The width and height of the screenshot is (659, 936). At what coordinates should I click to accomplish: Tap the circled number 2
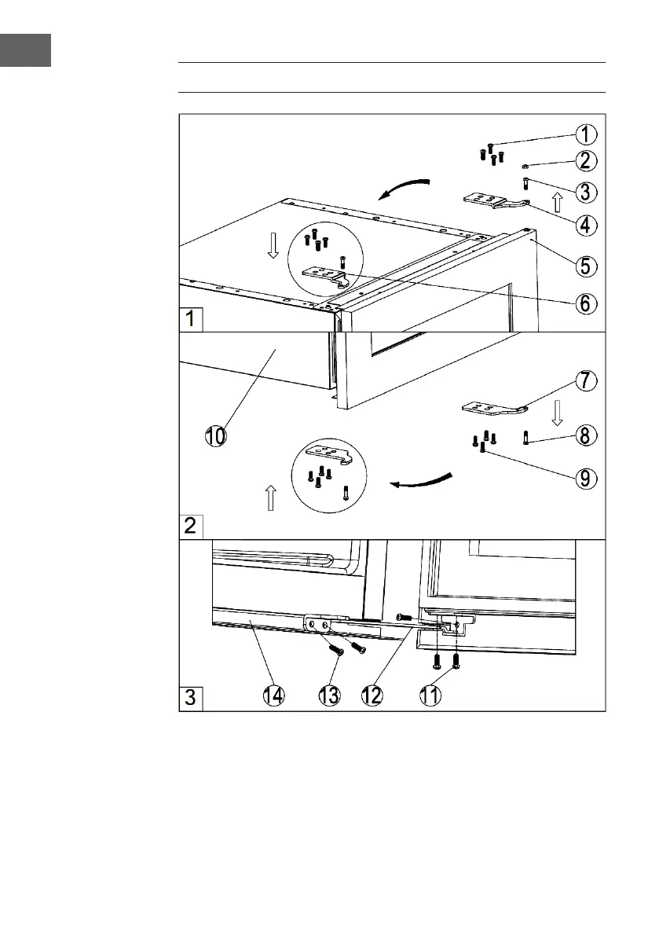[583, 162]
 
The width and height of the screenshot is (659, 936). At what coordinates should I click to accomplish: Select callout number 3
[583, 192]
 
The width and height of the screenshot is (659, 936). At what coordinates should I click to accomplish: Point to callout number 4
[583, 225]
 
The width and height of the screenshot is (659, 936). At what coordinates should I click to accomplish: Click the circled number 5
[583, 265]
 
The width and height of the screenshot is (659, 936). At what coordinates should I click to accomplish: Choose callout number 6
[583, 303]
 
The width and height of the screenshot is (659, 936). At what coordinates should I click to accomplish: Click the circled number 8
[583, 435]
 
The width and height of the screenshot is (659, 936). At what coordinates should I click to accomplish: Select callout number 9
[583, 477]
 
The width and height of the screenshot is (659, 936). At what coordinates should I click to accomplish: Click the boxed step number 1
[191, 320]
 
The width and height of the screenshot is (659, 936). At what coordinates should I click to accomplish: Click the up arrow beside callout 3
[557, 202]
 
